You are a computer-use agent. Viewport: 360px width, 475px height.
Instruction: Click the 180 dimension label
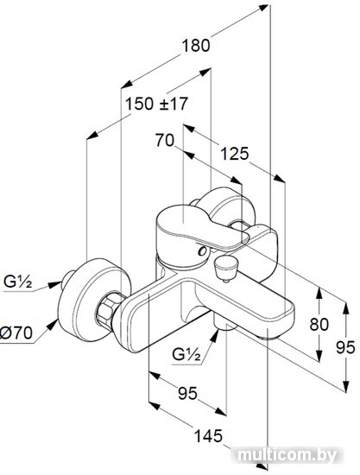[196, 46]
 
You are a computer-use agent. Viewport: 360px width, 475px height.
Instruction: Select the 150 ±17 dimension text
[156, 104]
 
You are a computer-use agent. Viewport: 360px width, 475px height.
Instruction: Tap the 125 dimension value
[234, 154]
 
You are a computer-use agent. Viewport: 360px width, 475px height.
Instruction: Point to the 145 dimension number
[208, 436]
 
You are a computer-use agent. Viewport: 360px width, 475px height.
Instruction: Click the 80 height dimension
[319, 325]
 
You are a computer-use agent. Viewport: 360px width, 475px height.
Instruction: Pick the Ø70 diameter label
[16, 333]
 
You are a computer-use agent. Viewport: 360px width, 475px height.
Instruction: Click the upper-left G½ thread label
[17, 282]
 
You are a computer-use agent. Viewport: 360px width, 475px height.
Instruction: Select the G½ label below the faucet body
[186, 354]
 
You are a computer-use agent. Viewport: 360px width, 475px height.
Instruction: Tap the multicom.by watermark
[287, 455]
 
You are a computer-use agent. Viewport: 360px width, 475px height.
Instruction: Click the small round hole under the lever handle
[202, 250]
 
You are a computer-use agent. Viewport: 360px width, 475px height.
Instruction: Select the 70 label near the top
[165, 141]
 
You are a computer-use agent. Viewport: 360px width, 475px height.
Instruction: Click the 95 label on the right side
[345, 347]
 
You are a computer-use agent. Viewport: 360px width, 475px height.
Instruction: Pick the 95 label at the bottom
[187, 394]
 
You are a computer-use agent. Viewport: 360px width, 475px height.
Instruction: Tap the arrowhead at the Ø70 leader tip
[54, 324]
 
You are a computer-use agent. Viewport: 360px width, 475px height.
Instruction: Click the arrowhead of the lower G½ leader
[216, 334]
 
